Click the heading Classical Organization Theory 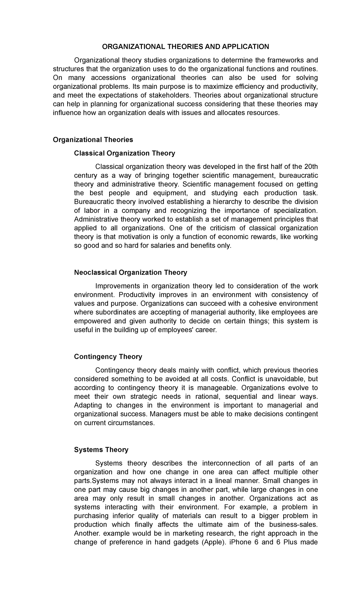(x=124, y=153)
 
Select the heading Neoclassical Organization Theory (x=130, y=272)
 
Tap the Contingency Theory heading (x=108, y=357)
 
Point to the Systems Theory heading (x=101, y=450)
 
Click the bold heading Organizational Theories (x=93, y=140)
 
